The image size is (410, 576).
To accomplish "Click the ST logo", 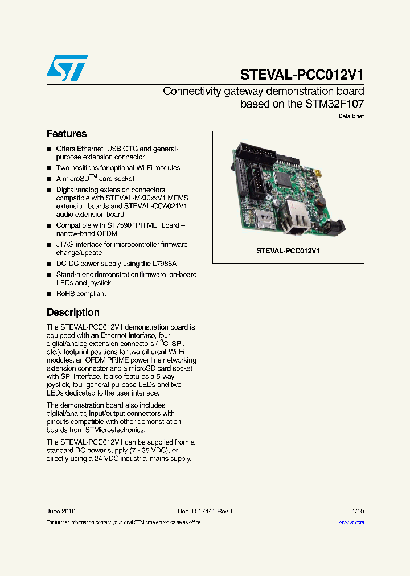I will click(x=67, y=67).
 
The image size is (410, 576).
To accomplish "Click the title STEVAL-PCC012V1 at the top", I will click(x=302, y=75).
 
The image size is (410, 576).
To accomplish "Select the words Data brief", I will click(x=351, y=116).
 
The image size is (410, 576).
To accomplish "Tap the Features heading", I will click(x=67, y=134).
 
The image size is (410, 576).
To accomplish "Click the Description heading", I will click(x=73, y=312).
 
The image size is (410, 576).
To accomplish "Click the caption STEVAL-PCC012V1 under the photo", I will click(x=288, y=250).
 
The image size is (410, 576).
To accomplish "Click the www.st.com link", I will click(x=351, y=522).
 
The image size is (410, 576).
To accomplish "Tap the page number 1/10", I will click(x=358, y=511).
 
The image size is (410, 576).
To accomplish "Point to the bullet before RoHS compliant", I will click(x=49, y=294).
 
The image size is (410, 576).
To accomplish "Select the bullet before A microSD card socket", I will click(x=49, y=179).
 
